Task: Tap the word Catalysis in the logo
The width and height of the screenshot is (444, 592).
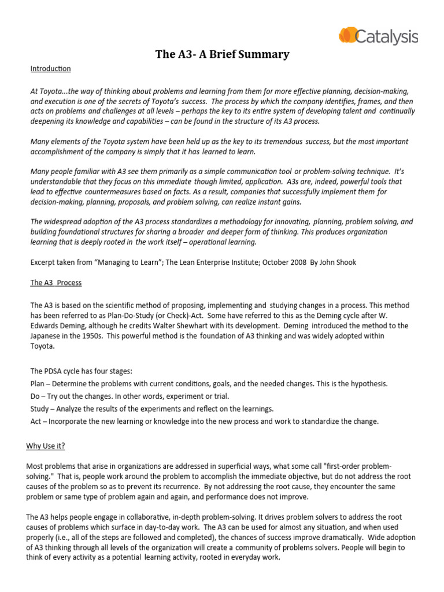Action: tap(386, 37)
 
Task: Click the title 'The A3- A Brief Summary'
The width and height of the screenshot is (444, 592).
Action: tap(222, 55)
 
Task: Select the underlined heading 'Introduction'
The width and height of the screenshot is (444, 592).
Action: tap(50, 69)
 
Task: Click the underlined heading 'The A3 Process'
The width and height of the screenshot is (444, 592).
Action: tap(56, 283)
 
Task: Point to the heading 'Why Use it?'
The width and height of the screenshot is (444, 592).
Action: tap(47, 446)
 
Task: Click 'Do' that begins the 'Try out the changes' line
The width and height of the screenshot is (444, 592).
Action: tap(36, 396)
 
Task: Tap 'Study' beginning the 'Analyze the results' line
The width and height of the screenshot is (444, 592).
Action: tap(40, 409)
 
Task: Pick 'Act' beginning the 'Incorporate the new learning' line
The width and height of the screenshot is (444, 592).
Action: tap(36, 421)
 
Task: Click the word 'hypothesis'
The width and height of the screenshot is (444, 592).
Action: tap(368, 384)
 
